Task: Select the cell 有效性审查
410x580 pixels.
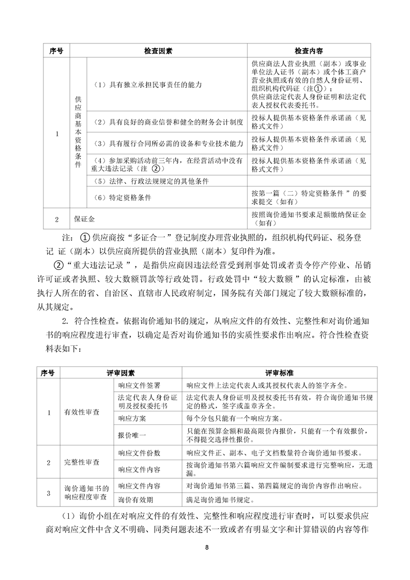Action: pyautogui.click(x=82, y=413)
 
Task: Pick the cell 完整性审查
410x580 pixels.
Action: pyautogui.click(x=82, y=462)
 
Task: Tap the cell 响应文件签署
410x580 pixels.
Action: pyautogui.click(x=132, y=385)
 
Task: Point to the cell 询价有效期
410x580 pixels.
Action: pyautogui.click(x=132, y=500)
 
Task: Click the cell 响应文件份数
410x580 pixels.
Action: pyautogui.click(x=135, y=453)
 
